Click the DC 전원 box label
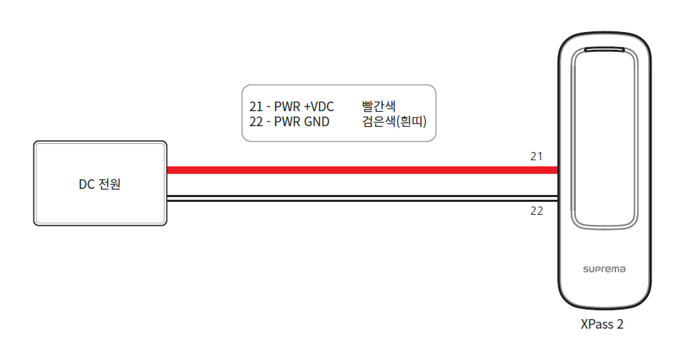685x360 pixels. [x=100, y=184]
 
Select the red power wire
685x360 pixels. [x=362, y=170]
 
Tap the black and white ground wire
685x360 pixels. [x=362, y=198]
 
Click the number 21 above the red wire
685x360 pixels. [x=536, y=156]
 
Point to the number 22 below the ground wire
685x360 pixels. [x=536, y=211]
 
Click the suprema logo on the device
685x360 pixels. [x=603, y=270]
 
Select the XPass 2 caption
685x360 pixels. [x=601, y=325]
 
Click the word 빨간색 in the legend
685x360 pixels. [x=379, y=106]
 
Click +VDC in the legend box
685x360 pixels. [x=318, y=106]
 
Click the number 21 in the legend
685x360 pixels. [x=257, y=106]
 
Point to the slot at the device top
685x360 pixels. [x=603, y=50]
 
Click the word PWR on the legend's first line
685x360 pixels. [x=287, y=106]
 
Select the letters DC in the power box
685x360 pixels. [x=86, y=184]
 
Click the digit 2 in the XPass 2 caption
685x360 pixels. [x=620, y=325]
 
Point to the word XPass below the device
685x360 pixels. [x=596, y=325]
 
